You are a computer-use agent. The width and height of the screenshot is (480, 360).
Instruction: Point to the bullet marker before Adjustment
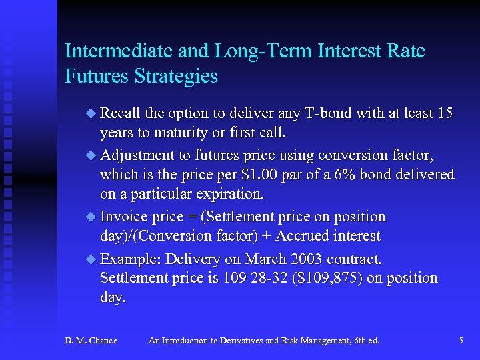[91, 155]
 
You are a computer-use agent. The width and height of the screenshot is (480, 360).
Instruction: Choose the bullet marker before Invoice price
[91, 217]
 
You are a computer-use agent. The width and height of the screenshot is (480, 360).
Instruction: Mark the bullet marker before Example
[91, 259]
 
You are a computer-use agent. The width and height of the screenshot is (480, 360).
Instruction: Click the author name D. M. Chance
[91, 341]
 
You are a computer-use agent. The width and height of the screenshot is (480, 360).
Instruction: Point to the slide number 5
[461, 341]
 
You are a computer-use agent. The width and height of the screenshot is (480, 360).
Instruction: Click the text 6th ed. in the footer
[365, 341]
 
